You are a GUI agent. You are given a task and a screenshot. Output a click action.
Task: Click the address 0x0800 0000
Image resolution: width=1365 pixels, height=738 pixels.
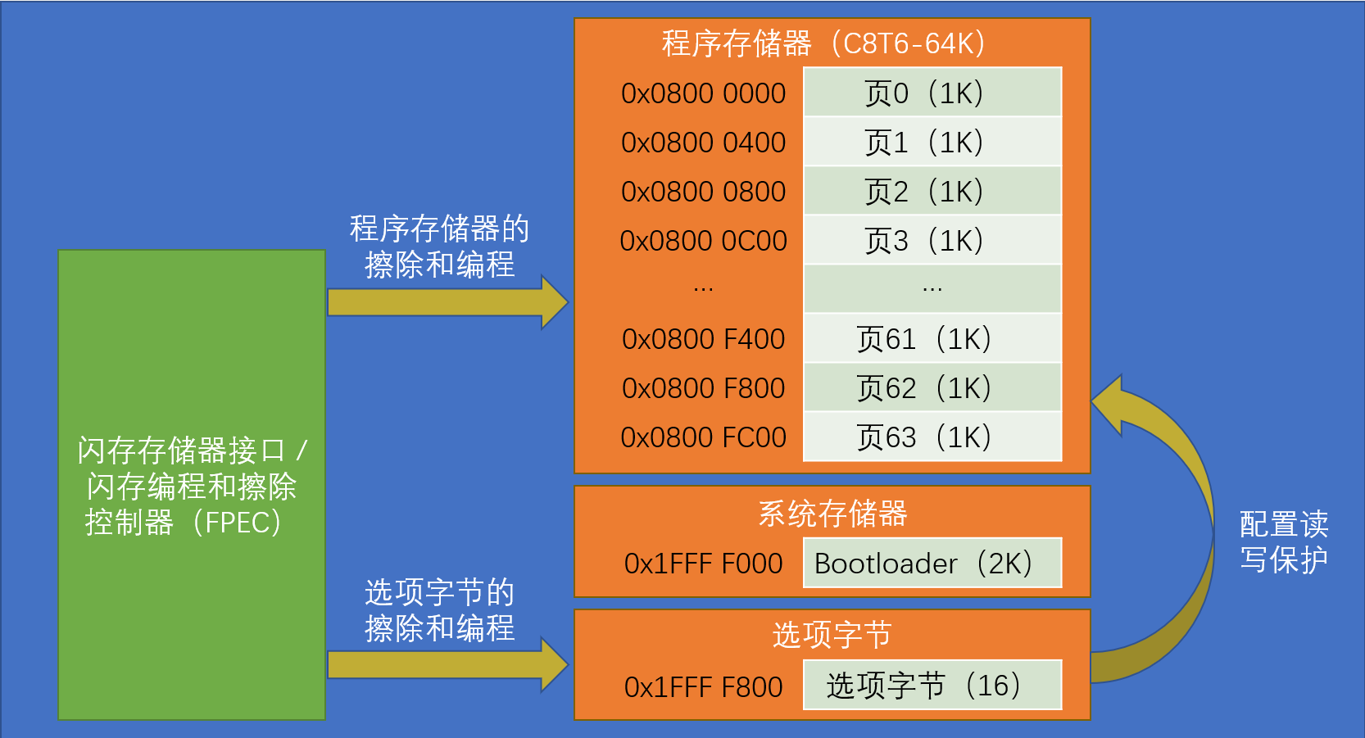pos(703,93)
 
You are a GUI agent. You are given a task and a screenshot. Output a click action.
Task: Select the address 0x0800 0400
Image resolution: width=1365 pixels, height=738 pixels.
pos(703,143)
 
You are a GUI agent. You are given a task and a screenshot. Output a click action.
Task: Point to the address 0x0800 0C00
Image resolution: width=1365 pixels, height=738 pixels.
pos(703,241)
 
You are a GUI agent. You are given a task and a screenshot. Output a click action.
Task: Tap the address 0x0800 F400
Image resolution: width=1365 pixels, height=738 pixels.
pos(703,339)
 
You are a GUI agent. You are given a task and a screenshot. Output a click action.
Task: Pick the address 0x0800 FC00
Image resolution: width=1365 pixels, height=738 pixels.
pos(703,437)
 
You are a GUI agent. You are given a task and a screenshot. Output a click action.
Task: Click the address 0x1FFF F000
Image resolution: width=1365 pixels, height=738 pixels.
pos(703,564)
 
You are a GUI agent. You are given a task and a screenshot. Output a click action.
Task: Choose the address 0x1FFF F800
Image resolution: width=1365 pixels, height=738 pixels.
pos(703,686)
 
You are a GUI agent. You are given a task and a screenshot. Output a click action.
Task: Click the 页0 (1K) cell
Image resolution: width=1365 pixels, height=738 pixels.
pos(932,93)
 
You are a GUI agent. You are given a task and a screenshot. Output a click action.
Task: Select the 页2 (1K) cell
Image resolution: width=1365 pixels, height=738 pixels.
pos(932,191)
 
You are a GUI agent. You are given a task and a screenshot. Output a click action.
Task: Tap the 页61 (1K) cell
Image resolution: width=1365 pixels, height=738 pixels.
pos(932,338)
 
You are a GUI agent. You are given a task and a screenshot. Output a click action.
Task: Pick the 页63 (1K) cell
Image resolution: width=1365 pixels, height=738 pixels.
pos(932,437)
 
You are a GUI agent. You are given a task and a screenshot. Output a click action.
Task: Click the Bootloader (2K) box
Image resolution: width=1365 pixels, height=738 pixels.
pos(932,563)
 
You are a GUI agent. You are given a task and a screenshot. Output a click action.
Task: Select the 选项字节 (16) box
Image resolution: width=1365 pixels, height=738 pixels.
pos(932,685)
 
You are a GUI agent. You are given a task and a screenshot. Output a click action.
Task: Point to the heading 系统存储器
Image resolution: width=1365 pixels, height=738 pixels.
pos(832,514)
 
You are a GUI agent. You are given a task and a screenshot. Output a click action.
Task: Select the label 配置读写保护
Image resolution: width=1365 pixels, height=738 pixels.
pos(1283,541)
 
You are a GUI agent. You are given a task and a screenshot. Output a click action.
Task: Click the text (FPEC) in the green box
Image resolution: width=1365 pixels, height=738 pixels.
pos(238,523)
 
